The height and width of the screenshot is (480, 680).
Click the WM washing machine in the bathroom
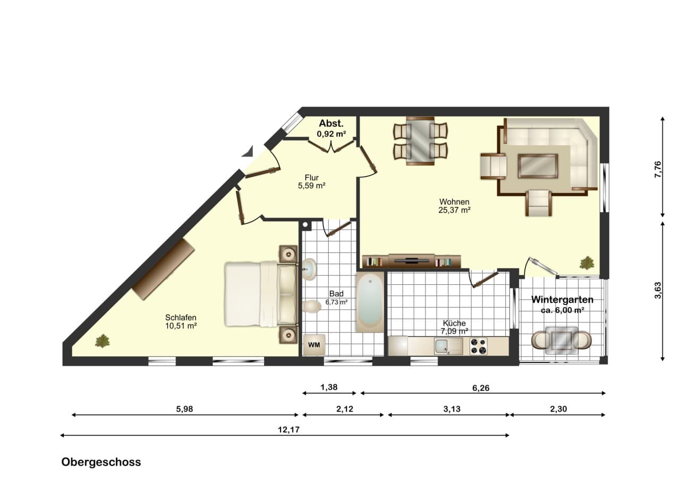point(314,345)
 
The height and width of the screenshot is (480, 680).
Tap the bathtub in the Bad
point(370,302)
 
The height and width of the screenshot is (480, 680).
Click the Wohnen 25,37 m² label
point(454,206)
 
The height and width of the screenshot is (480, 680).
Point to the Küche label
point(454,323)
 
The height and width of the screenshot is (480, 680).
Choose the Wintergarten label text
point(562,300)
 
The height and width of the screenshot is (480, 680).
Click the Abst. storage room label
point(331,124)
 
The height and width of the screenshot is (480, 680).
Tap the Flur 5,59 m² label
point(312,181)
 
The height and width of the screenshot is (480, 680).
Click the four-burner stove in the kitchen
point(479,346)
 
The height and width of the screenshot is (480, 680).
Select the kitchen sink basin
point(442,346)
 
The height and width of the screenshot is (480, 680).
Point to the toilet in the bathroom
point(312,307)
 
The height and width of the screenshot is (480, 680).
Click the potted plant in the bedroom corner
point(103,341)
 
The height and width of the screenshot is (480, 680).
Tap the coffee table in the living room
point(538,166)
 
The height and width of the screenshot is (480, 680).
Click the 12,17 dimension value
point(288,430)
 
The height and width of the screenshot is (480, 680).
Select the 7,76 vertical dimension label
point(658,169)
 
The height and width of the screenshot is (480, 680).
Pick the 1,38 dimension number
point(329,387)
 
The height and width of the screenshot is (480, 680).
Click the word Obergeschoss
point(101,462)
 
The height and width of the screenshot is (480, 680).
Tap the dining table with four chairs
point(420,141)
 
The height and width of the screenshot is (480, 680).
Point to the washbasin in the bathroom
point(309,269)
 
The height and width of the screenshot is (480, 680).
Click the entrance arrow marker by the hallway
point(247,151)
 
